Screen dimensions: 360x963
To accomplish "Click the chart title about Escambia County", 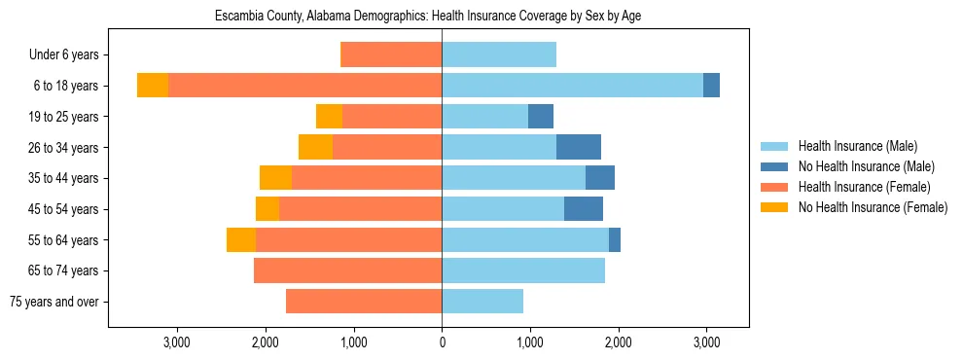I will pos(428,17).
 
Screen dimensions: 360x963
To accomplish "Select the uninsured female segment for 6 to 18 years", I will pos(153,86).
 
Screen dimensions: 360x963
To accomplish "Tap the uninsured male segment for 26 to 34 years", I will pos(579,147).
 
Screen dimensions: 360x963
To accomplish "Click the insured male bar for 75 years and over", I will pos(482,302).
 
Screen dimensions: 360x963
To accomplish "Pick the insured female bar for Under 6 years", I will pos(391,54).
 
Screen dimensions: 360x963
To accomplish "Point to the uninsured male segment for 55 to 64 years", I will pos(615,239).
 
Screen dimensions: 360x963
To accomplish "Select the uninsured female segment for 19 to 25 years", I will pos(329,117).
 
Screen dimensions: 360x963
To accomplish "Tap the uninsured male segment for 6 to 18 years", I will pos(711,86).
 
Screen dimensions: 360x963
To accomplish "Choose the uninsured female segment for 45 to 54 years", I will pos(267,209).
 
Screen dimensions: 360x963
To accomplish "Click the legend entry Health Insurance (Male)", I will pos(857,146).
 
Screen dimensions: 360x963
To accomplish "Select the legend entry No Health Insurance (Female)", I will pos(873,207).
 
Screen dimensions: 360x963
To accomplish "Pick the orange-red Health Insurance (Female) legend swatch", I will pos(775,187).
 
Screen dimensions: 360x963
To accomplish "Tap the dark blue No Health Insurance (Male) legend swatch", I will pos(775,166).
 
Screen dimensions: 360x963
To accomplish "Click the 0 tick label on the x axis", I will pos(442,342).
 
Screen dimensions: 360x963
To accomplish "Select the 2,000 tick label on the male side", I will pos(619,342).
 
